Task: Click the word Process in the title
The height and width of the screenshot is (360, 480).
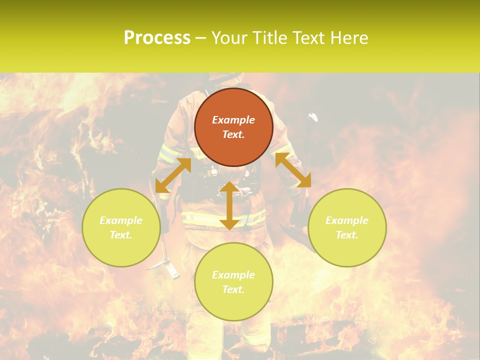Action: (157, 38)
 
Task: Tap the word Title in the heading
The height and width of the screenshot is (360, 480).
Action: (269, 38)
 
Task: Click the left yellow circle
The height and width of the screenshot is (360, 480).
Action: (121, 227)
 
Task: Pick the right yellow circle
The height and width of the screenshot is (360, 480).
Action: (347, 227)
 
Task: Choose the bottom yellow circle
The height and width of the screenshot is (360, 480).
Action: (233, 281)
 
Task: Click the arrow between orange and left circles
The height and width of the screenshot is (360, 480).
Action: (173, 175)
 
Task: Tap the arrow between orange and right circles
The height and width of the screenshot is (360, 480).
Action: (293, 170)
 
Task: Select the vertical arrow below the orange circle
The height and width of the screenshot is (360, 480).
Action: (229, 205)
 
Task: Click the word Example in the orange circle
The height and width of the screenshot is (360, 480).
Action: (233, 120)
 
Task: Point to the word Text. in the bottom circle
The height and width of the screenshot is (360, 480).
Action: (233, 289)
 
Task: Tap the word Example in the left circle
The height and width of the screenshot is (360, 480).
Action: (121, 220)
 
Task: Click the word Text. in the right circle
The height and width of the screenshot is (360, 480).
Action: (347, 235)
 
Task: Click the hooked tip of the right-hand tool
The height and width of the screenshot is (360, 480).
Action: (313, 117)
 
